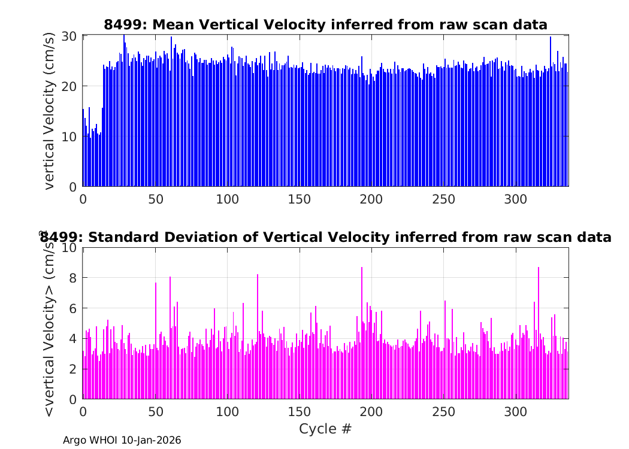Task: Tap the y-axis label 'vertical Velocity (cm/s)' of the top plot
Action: pyautogui.click(x=49, y=111)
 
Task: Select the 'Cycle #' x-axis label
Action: pyautogui.click(x=325, y=429)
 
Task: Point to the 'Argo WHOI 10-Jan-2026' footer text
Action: pyautogui.click(x=122, y=440)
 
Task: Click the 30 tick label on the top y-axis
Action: pyautogui.click(x=68, y=36)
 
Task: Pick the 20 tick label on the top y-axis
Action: pyautogui.click(x=68, y=86)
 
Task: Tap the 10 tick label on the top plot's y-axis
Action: pyautogui.click(x=68, y=136)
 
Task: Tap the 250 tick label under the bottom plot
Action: pyautogui.click(x=444, y=412)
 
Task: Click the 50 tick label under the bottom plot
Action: pyautogui.click(x=155, y=412)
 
